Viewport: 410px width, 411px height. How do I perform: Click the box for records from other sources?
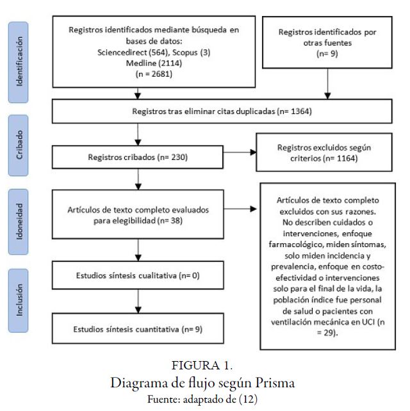coord(328,44)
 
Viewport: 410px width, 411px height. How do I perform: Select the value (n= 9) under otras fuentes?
coord(328,54)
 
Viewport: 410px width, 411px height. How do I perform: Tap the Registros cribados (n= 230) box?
coord(137,156)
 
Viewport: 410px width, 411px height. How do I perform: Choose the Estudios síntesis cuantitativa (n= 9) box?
coord(137,329)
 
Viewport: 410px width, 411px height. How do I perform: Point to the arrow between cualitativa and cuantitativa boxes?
coord(137,300)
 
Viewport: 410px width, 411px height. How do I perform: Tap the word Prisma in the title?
coord(274,382)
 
